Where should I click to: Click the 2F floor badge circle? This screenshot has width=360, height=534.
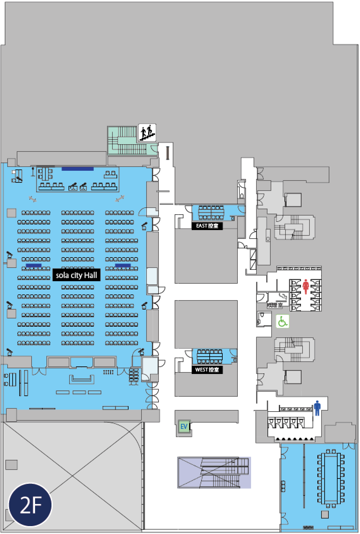(x=30, y=505)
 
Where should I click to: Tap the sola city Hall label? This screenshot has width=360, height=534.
(x=76, y=275)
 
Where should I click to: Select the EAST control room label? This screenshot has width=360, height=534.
(x=207, y=226)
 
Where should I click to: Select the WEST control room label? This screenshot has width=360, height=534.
(x=207, y=370)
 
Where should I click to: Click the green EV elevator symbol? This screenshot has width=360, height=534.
(x=184, y=427)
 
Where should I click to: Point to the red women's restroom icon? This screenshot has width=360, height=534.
(x=306, y=286)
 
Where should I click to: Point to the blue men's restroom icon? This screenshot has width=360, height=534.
(x=317, y=408)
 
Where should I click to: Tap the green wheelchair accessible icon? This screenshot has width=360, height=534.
(x=282, y=321)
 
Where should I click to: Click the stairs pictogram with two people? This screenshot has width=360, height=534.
(x=147, y=133)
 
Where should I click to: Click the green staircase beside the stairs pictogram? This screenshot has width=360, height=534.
(x=126, y=141)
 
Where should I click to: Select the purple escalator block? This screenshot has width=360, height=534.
(x=214, y=472)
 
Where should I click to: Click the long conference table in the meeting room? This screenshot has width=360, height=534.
(x=331, y=478)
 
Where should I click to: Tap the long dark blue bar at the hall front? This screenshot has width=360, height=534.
(x=78, y=169)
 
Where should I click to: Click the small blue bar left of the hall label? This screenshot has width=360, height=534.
(x=33, y=265)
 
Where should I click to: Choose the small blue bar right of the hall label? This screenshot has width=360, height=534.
(x=123, y=265)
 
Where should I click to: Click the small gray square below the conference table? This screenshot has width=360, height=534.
(x=325, y=515)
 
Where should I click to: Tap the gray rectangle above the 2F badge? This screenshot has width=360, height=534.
(x=12, y=465)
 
